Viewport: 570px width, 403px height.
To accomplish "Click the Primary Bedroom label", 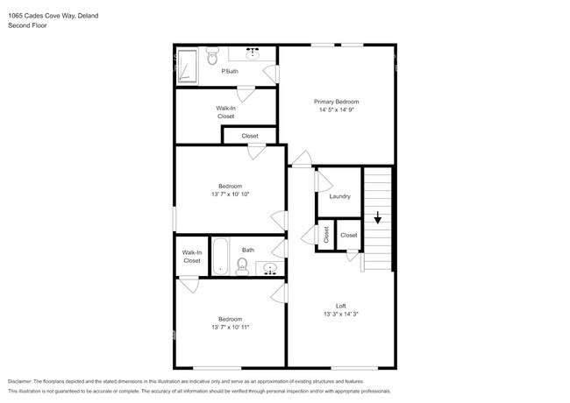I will coord(337,102).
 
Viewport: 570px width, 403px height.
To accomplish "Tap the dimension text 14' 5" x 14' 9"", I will coord(337,110).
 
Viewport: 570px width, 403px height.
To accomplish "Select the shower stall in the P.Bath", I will coord(186,67).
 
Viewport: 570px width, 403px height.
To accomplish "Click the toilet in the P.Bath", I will coord(211,57).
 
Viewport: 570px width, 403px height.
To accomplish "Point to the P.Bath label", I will coord(229,71).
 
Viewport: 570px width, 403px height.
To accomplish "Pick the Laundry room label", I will coord(339,196).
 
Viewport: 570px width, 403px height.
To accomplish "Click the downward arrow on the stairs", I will coord(378,218).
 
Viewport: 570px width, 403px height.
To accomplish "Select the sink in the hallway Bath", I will coord(270,268).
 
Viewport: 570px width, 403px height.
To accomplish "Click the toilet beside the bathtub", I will coord(242,265).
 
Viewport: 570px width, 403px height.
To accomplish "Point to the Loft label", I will coord(340,305).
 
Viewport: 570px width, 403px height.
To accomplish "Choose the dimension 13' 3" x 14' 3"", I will coord(340,314).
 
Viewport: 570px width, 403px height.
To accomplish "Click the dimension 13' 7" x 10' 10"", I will coord(230,194).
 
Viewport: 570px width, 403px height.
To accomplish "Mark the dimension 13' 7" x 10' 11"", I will coord(230,327).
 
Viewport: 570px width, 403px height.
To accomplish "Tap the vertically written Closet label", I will coord(325,235).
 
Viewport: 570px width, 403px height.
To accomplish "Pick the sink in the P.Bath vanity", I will coord(254,53).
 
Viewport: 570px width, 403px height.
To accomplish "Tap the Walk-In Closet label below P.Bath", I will coord(225,112).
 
